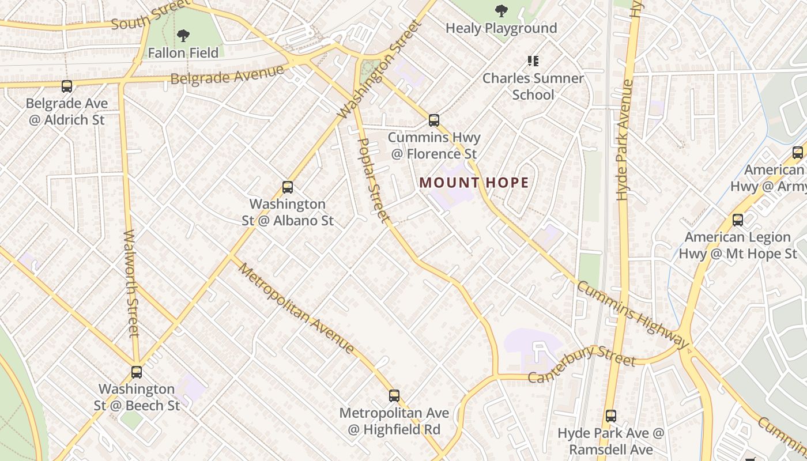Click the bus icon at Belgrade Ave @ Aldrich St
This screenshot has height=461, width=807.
(x=67, y=86)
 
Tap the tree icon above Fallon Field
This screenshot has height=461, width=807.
(x=183, y=36)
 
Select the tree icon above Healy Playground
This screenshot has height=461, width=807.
(x=501, y=10)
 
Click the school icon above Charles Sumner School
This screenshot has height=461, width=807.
(x=533, y=61)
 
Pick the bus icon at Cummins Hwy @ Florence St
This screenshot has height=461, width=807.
(x=434, y=120)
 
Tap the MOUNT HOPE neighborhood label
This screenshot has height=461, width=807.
(x=474, y=183)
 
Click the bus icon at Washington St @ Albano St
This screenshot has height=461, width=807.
(x=288, y=187)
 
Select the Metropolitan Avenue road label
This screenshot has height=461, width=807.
(x=296, y=308)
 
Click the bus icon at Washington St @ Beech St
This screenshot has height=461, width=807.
(x=137, y=372)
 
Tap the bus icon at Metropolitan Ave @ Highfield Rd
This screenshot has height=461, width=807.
(x=394, y=396)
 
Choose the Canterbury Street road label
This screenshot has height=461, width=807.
(x=582, y=361)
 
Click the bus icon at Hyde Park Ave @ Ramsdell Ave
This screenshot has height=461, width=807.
(x=611, y=415)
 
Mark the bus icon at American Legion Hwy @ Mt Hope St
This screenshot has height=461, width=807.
(x=738, y=220)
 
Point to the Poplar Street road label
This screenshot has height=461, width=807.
(x=374, y=180)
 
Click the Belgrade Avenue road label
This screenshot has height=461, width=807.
(x=228, y=75)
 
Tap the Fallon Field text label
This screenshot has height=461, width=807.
(x=183, y=53)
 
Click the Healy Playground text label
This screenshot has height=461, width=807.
(x=501, y=28)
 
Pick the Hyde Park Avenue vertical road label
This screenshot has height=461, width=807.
(x=624, y=140)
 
